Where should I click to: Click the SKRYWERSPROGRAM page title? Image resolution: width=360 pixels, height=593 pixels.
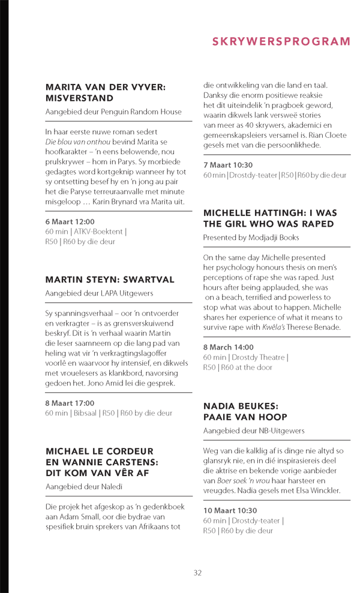(x=281, y=41)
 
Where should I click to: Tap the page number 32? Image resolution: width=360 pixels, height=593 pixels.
(x=197, y=573)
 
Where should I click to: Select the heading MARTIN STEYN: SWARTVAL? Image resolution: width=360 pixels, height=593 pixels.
(x=110, y=279)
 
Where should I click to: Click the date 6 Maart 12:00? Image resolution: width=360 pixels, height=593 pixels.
(x=70, y=222)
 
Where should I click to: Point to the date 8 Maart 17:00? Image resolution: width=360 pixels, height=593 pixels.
(x=70, y=403)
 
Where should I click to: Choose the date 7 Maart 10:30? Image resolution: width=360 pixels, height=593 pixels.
(x=228, y=165)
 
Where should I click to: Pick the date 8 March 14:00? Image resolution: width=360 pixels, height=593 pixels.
(x=228, y=347)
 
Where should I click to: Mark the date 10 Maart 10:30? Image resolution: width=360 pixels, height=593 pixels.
(x=230, y=510)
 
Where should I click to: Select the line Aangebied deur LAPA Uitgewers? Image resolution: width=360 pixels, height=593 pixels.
(x=99, y=293)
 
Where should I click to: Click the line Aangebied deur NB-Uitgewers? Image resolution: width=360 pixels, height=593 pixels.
(x=254, y=431)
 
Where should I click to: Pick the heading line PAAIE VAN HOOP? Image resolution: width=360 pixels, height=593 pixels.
(x=245, y=417)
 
